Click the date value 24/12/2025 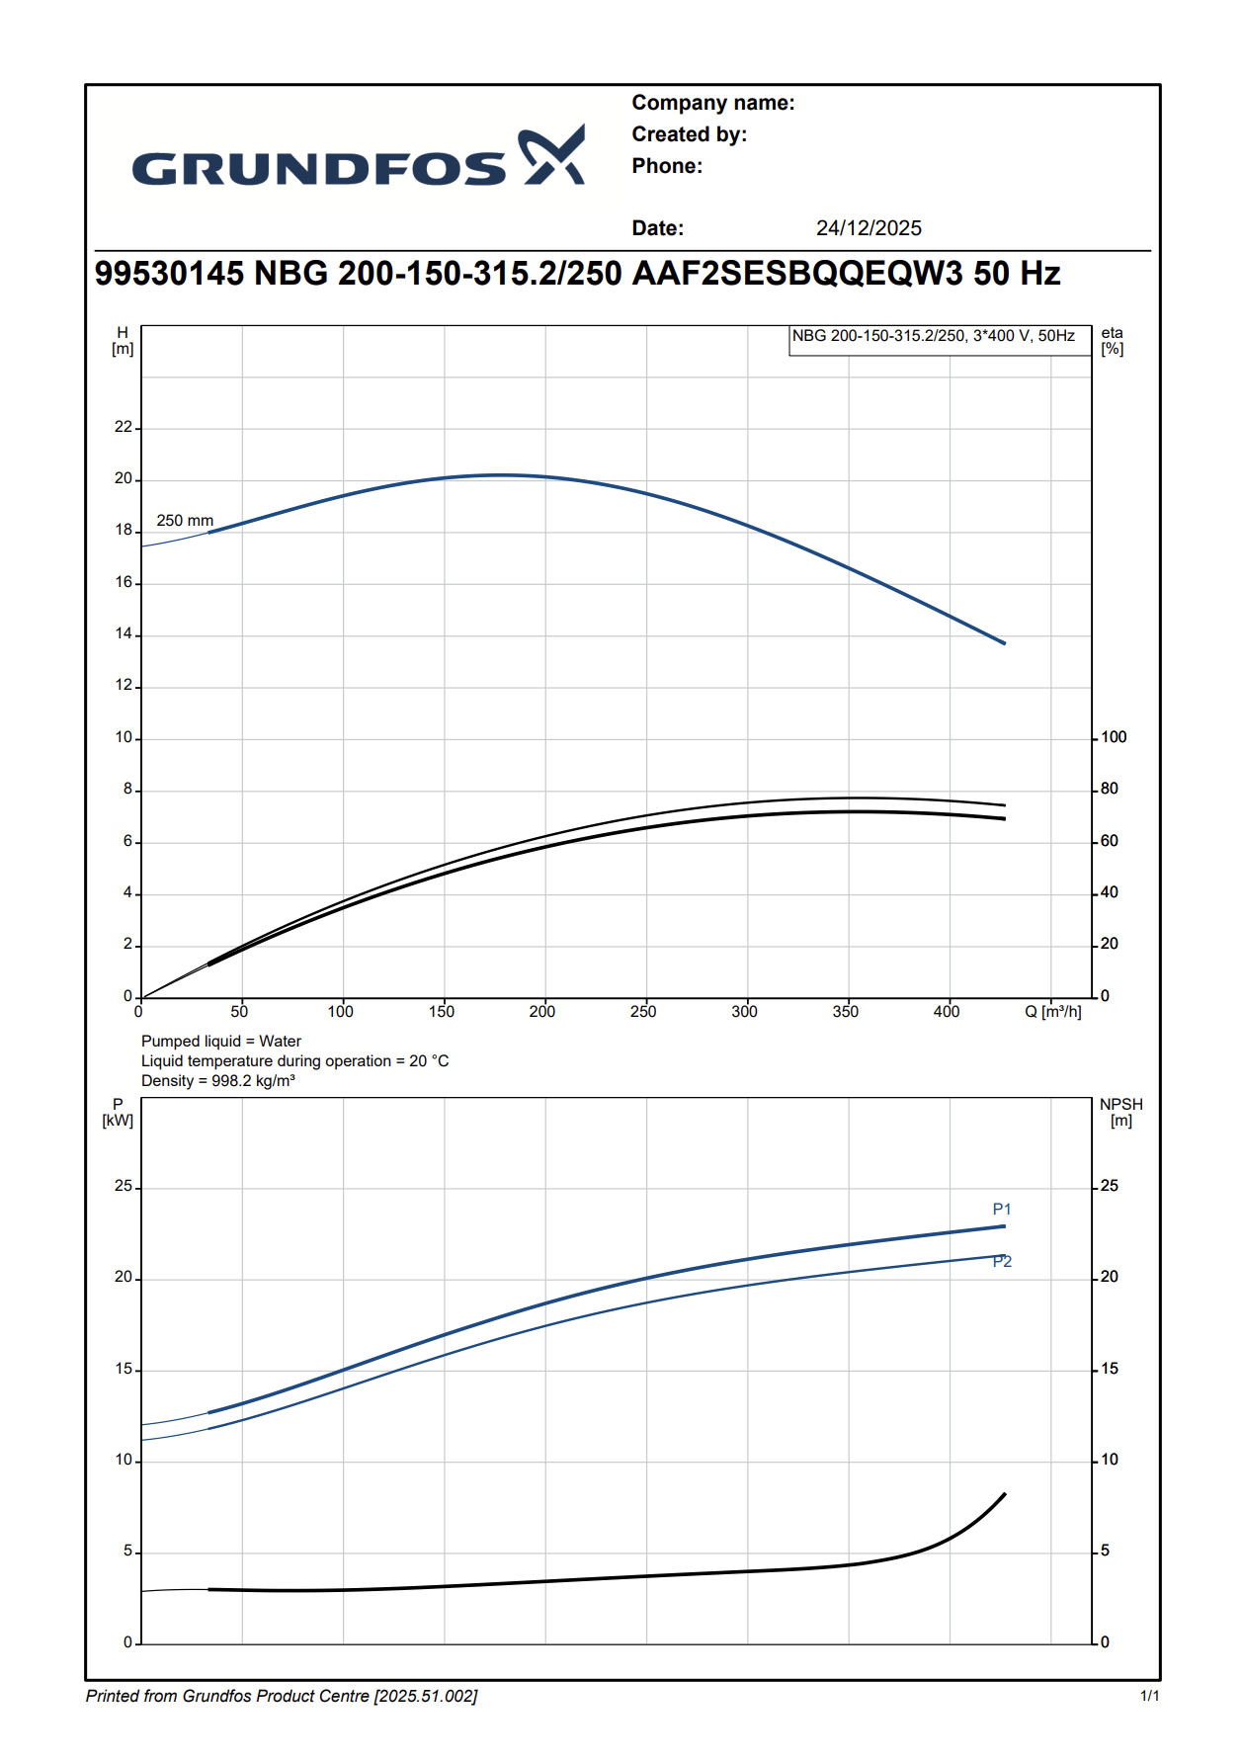(869, 228)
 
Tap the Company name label (712, 103)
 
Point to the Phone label (667, 166)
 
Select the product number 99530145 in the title (169, 274)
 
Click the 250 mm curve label (185, 521)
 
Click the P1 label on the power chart (1002, 1210)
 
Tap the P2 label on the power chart (1002, 1262)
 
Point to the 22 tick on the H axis (124, 427)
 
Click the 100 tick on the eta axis (1114, 737)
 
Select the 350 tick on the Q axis (846, 1012)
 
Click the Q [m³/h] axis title (1052, 1012)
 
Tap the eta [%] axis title (1113, 341)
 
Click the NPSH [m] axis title (1120, 1113)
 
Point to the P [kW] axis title (118, 1113)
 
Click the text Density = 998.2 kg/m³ (218, 1081)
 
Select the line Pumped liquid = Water (221, 1042)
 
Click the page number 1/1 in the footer (1149, 1697)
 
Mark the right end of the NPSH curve (1005, 1494)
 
